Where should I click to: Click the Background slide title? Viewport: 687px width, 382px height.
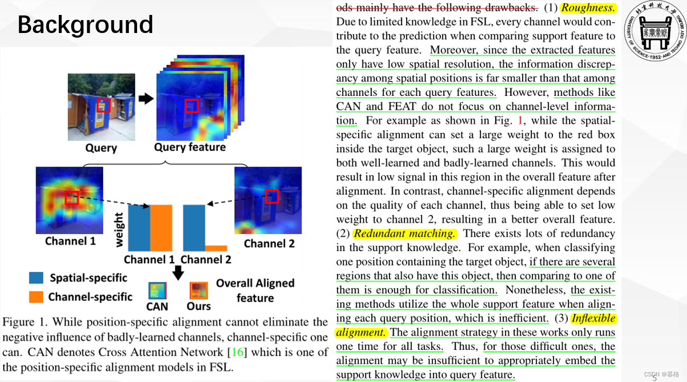tap(86, 25)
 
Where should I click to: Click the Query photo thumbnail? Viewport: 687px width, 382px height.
tap(101, 107)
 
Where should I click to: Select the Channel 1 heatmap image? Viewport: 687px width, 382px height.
tap(70, 200)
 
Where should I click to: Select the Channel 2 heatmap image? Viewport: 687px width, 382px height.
tap(268, 200)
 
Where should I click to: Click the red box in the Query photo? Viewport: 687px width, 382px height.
tap(103, 105)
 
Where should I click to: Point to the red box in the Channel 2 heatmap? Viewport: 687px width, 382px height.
tap(272, 196)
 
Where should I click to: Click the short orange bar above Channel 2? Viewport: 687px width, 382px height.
tap(216, 248)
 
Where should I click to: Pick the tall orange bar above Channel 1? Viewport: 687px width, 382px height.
tap(161, 227)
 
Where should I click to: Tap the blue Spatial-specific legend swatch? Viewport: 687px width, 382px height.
tap(36, 278)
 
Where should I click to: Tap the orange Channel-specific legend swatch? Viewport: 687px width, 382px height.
tap(36, 297)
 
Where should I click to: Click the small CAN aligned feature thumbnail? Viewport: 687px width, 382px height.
tap(157, 290)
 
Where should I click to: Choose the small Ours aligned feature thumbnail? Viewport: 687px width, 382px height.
tap(198, 290)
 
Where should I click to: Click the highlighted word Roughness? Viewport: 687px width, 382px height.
tap(588, 8)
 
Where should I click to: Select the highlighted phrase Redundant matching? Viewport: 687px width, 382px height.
tap(405, 234)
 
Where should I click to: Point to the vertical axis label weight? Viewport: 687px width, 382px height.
tap(120, 229)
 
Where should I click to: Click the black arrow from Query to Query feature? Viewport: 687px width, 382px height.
tap(146, 98)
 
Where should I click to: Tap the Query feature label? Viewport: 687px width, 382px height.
tap(190, 147)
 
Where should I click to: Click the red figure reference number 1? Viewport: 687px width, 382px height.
tap(520, 121)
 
